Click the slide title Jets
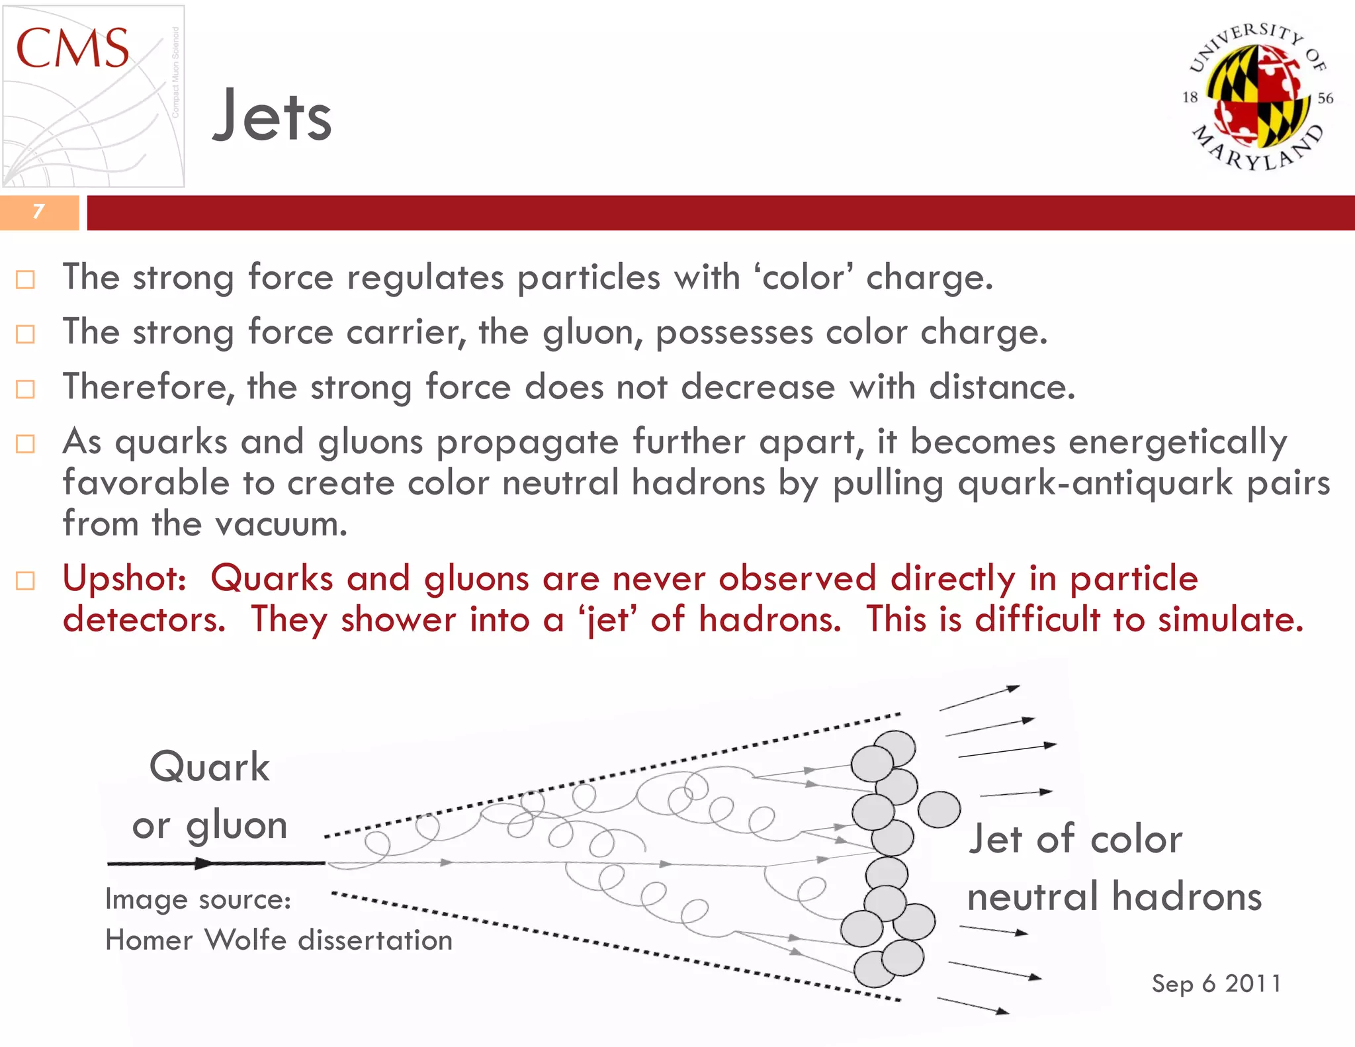(272, 116)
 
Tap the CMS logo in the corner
(93, 96)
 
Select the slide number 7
(38, 212)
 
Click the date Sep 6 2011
(1216, 983)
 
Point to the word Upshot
(124, 578)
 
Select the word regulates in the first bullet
(425, 277)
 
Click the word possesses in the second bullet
(734, 332)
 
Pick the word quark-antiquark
(1095, 483)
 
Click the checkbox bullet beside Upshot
(25, 581)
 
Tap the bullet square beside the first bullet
(25, 280)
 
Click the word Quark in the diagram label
(210, 767)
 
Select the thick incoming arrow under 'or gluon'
(216, 863)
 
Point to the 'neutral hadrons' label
(1114, 897)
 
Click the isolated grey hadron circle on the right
(939, 809)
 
